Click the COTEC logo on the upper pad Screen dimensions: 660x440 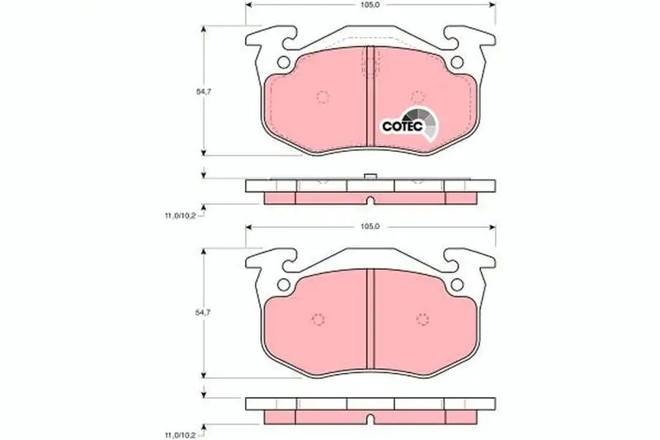point(409,124)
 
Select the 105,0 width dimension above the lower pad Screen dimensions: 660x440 point(370,226)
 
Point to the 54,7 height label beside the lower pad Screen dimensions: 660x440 point(203,312)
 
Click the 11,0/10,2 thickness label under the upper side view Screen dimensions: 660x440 point(180,216)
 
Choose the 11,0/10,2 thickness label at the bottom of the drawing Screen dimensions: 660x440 point(180,435)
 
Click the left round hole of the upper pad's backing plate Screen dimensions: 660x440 point(284,62)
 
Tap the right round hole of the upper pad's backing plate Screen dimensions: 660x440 point(457,62)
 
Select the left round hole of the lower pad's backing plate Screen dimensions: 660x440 point(284,285)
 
